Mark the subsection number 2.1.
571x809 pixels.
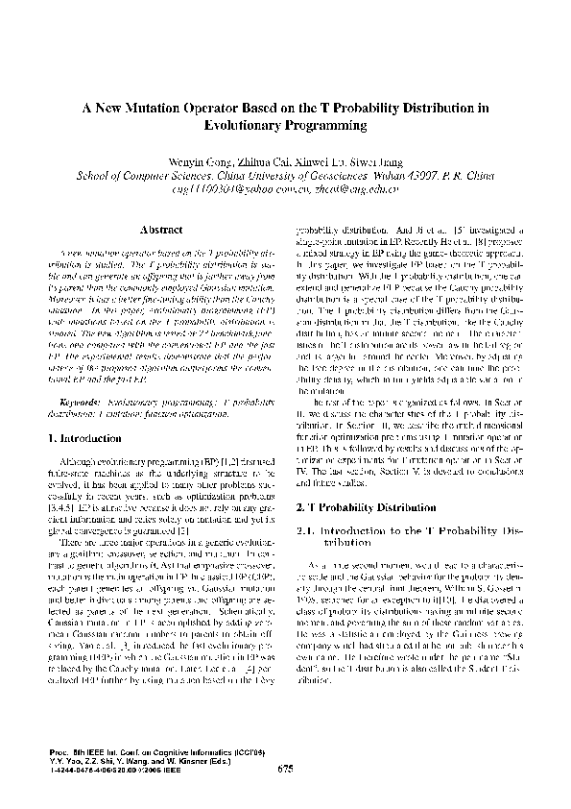click(309, 529)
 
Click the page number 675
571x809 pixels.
click(285, 768)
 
